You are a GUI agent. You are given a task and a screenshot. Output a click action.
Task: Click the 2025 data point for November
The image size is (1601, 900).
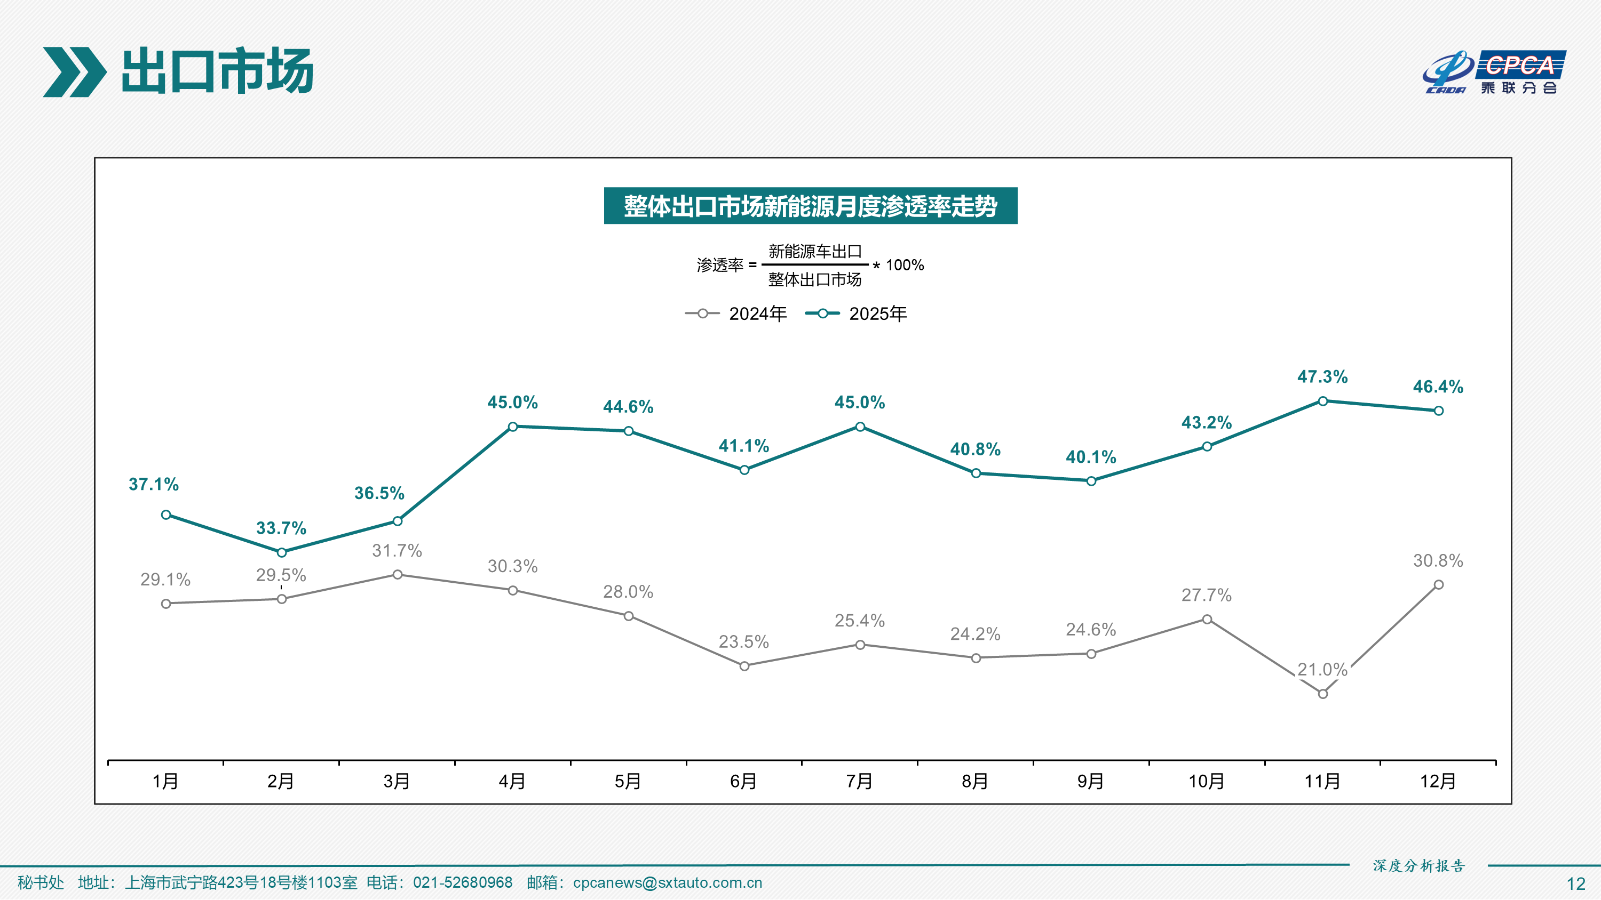(1322, 401)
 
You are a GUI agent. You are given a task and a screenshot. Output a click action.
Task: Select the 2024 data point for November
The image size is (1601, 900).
(1322, 694)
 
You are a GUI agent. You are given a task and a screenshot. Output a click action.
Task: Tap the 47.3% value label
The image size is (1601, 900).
(1322, 376)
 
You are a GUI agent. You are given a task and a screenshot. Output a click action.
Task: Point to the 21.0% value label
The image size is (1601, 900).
(1322, 670)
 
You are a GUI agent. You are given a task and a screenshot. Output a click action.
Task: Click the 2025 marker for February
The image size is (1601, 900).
(282, 552)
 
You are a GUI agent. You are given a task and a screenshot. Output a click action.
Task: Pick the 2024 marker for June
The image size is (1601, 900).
(744, 666)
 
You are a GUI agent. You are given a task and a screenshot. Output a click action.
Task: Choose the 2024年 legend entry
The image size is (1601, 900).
(736, 314)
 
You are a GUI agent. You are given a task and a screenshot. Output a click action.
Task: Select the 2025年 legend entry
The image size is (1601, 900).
(857, 314)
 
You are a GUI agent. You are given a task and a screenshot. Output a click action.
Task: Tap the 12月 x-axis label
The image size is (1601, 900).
(1438, 781)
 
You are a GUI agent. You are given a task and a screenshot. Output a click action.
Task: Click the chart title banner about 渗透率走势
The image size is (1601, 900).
(810, 206)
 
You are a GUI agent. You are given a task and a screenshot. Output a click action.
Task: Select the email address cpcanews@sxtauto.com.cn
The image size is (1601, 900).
(667, 882)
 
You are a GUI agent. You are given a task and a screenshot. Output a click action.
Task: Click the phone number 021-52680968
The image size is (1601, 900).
(462, 882)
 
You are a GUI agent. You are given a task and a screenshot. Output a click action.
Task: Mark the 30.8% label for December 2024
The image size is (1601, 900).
(1438, 561)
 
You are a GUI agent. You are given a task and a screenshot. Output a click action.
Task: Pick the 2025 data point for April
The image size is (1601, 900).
(513, 427)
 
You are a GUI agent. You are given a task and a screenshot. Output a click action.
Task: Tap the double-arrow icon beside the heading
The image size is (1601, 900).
(74, 72)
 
